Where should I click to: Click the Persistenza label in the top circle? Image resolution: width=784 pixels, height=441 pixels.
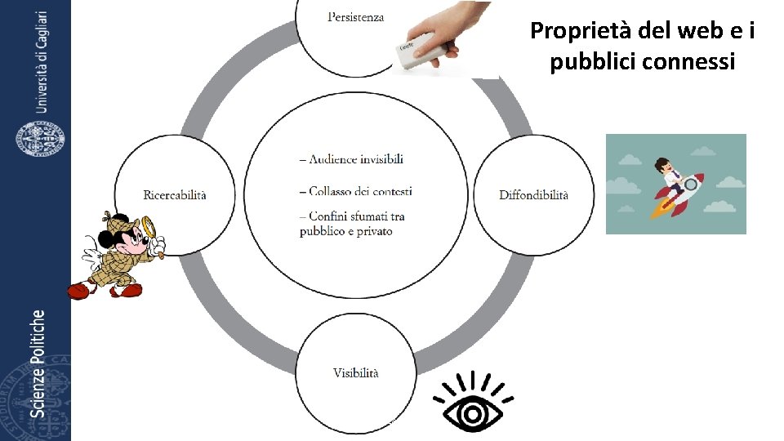coord(355,17)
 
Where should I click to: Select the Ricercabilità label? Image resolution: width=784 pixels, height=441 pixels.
coord(175,194)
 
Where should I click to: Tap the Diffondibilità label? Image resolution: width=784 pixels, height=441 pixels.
coord(533,194)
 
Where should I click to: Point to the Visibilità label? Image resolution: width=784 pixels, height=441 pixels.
coord(355,373)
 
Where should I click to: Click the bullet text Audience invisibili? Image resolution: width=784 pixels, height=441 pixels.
coord(351,159)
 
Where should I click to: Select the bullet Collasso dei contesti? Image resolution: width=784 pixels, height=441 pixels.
coord(355,191)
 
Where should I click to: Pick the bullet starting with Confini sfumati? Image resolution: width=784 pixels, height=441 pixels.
coord(352,224)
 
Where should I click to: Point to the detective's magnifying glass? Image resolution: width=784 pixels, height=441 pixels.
coord(149,225)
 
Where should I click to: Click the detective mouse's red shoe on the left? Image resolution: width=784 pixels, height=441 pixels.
coord(78,290)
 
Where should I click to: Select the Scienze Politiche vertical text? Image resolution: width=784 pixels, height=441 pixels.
coord(38,363)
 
